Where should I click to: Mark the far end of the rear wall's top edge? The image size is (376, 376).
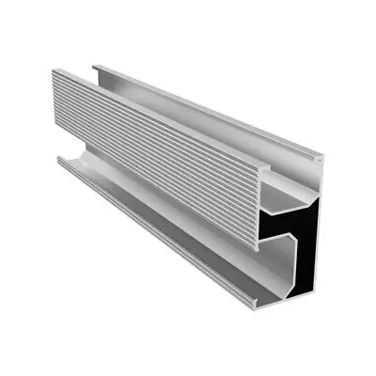(x=94, y=66)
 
